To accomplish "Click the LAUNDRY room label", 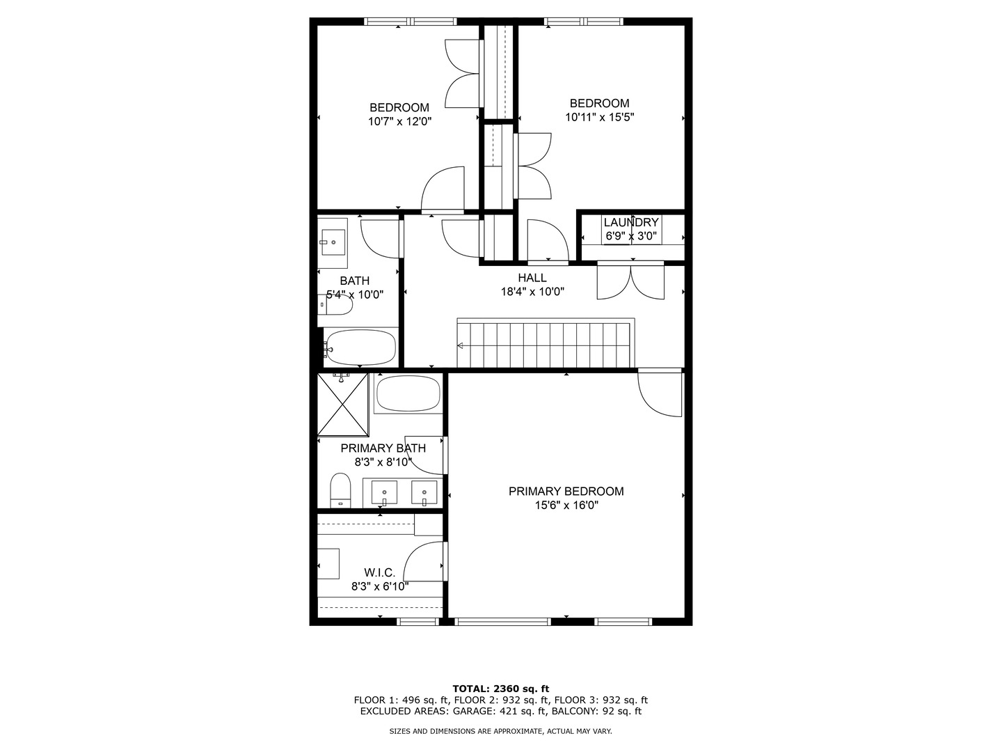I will tap(631, 223).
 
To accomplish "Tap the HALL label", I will tap(532, 278).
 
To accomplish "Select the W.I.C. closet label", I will tap(379, 572).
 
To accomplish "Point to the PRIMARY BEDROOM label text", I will tap(566, 492).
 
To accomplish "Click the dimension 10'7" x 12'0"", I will tap(399, 121).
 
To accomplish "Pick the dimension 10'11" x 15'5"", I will tap(599, 117).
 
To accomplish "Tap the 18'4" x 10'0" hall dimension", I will tap(532, 292).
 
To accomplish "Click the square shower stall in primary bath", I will tap(342, 405).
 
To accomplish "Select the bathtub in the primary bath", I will tap(408, 394).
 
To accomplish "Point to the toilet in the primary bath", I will tap(340, 489).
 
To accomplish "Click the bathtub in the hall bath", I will tap(360, 347).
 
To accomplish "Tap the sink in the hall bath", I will tap(333, 242).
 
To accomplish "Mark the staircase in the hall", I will tap(546, 343).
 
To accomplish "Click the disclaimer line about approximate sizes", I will tap(501, 732).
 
